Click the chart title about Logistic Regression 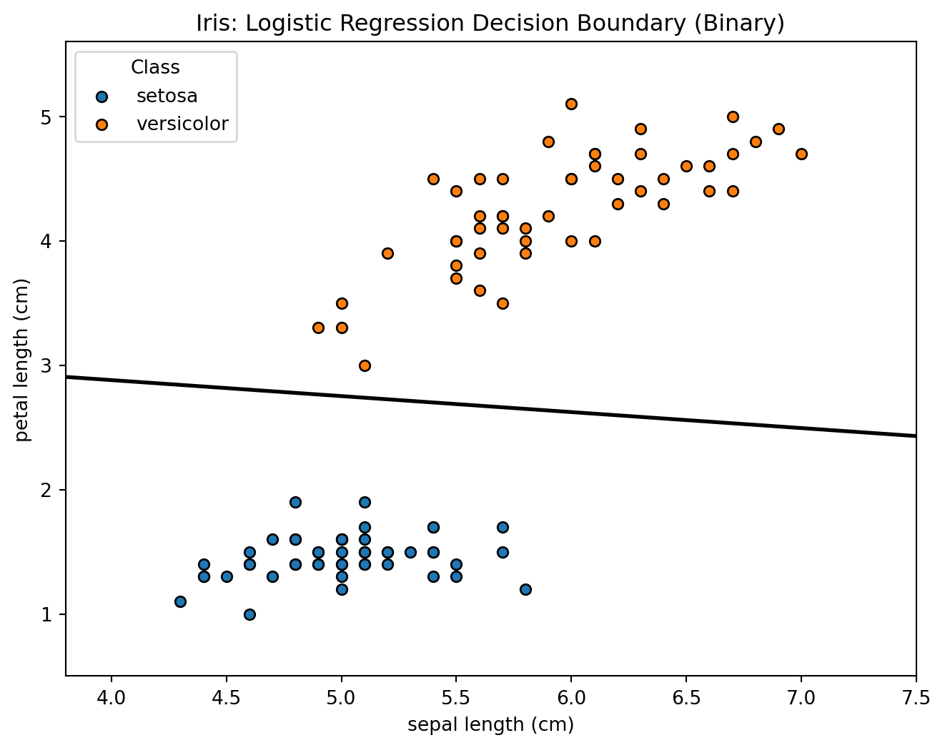(x=490, y=24)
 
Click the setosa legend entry (x=167, y=96)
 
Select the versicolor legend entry (x=182, y=124)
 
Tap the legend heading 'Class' (x=155, y=68)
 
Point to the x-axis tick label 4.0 (x=112, y=697)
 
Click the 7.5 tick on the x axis (x=916, y=697)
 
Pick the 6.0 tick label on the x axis (x=571, y=697)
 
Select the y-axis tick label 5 (x=46, y=117)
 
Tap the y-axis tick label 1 (x=46, y=614)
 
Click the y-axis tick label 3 (x=46, y=365)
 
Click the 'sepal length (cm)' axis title (x=490, y=725)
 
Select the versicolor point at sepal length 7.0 (x=801, y=154)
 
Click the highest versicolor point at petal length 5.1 (x=571, y=104)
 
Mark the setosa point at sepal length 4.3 (x=180, y=601)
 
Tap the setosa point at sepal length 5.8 (x=525, y=589)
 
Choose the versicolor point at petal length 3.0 (x=365, y=365)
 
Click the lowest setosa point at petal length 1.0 (x=249, y=614)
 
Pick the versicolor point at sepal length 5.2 (x=387, y=253)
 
